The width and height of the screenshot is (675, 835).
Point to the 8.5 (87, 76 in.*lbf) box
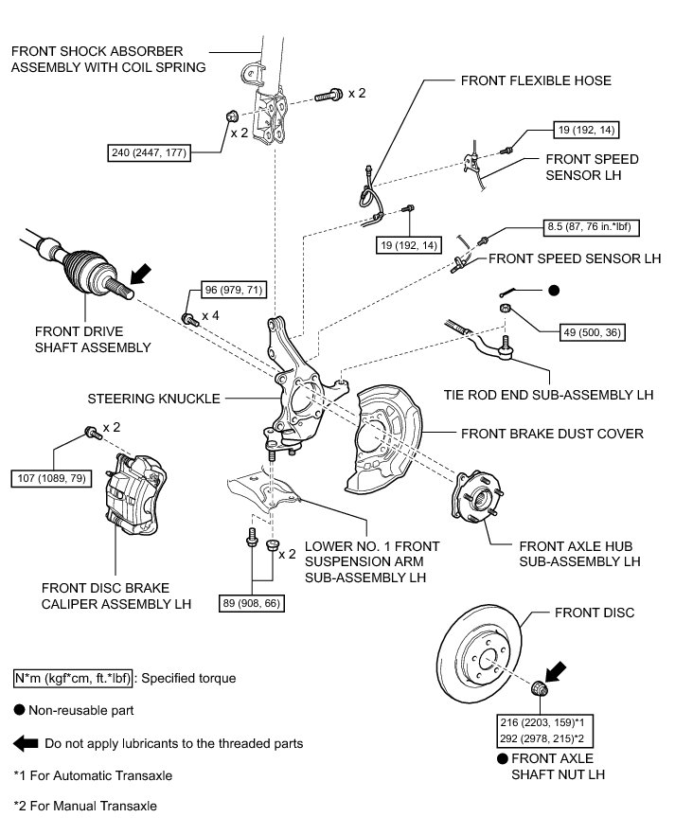[x=591, y=227]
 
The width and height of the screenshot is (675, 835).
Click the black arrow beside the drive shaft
[x=140, y=275]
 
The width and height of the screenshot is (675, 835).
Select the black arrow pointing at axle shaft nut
[x=555, y=672]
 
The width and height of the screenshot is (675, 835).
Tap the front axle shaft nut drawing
[x=540, y=688]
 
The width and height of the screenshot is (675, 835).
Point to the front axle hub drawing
[x=477, y=496]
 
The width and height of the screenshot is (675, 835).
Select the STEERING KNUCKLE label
[x=154, y=399]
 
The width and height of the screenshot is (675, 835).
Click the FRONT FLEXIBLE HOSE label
[x=536, y=80]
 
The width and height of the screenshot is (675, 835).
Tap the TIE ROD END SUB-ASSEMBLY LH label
[x=549, y=395]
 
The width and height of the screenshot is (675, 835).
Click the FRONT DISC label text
[x=595, y=613]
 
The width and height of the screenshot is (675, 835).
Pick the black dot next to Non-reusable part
[x=20, y=710]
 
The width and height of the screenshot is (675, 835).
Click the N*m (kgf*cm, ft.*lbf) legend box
[x=72, y=679]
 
